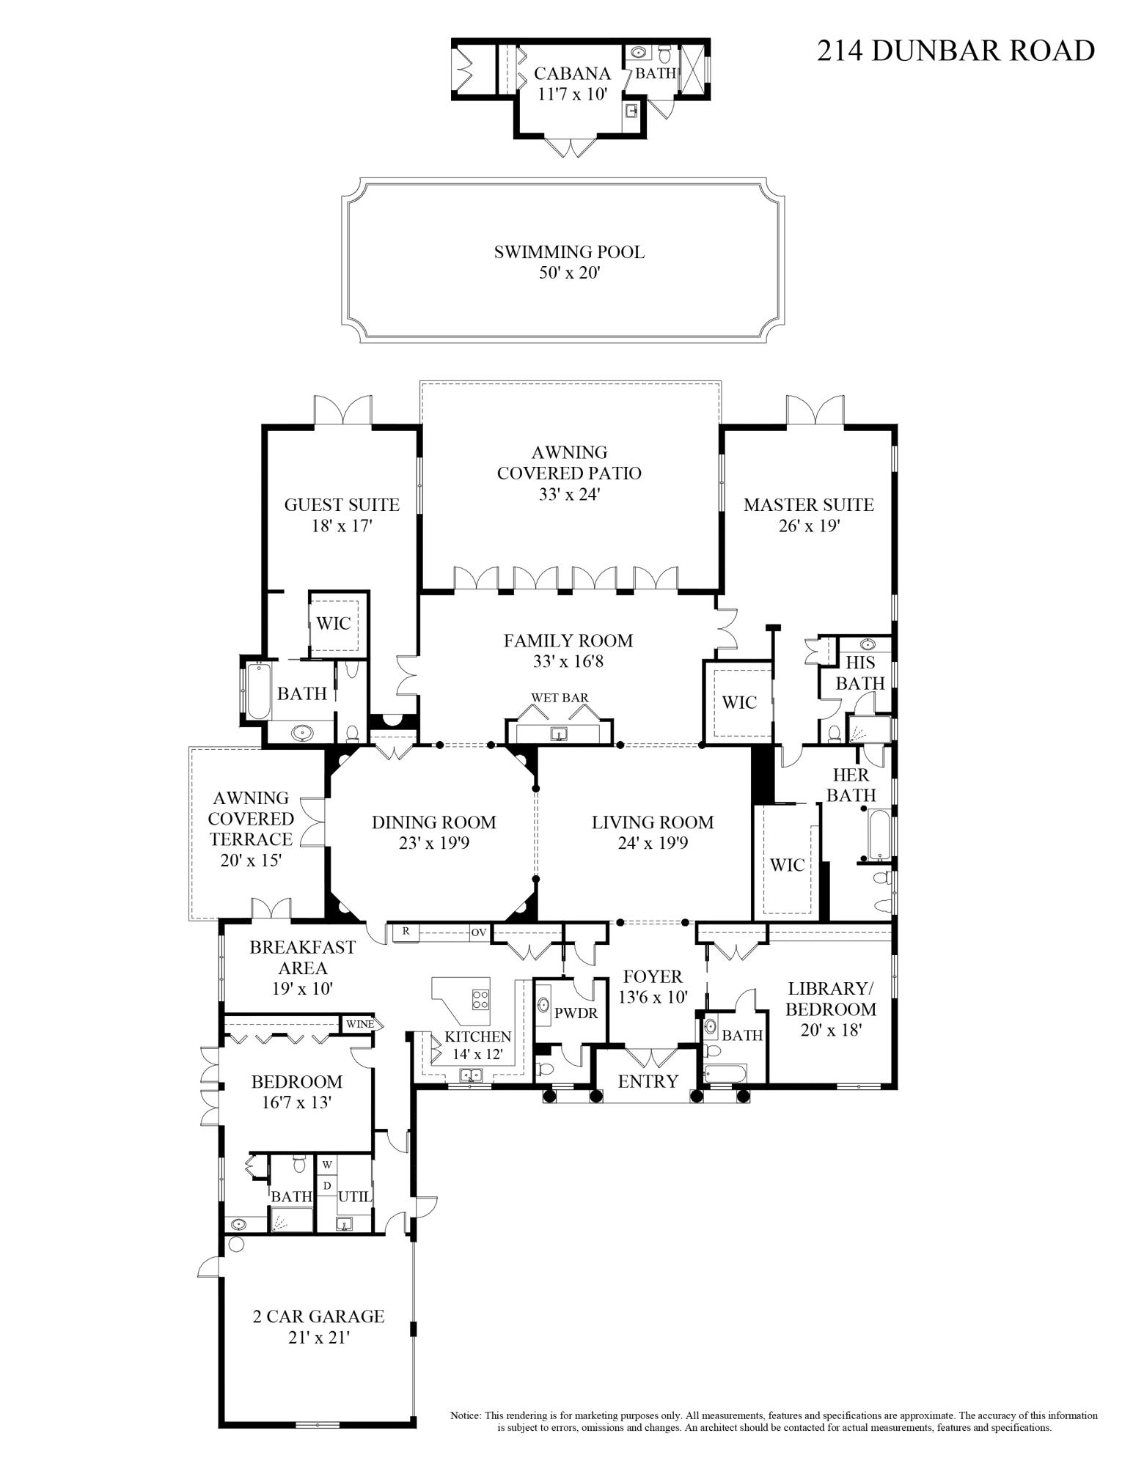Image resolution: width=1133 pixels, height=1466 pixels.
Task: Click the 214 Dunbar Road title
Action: coord(956,51)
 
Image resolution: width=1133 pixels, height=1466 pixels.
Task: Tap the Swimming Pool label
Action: coord(569,252)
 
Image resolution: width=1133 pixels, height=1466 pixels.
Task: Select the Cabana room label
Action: coord(572,73)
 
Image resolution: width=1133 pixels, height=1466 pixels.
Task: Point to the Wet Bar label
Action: coord(560,698)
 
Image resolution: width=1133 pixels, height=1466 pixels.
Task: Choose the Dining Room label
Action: coord(433,822)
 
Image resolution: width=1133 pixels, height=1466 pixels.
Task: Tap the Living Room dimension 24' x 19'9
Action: coord(653,843)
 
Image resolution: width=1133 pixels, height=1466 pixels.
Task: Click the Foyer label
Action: coord(653,976)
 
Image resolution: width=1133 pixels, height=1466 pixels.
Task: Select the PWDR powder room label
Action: coord(576,1014)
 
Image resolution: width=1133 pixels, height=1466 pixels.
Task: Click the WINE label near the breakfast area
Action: coord(359,1024)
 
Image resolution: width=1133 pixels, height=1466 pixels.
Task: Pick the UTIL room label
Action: coord(355,1196)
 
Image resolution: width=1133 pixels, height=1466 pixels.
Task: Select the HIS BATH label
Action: coord(860,672)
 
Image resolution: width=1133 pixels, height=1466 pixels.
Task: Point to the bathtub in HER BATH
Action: coord(879,833)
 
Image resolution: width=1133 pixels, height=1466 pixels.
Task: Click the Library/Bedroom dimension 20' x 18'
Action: coord(831,1029)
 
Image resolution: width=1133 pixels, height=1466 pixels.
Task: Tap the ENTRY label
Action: coord(648,1081)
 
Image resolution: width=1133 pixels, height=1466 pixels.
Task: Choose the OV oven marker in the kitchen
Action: coord(479,932)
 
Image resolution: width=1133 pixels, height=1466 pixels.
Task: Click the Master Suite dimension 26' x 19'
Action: coord(809,526)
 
